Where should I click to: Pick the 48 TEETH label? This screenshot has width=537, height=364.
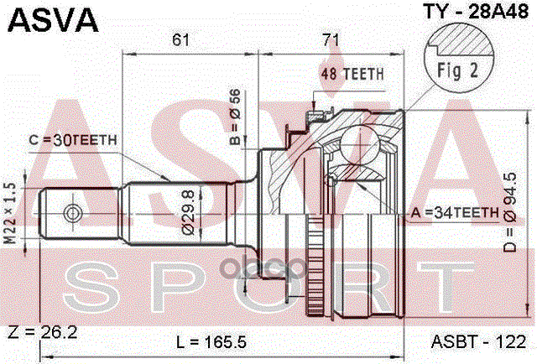click(x=352, y=74)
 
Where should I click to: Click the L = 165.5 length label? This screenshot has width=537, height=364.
click(x=213, y=342)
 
